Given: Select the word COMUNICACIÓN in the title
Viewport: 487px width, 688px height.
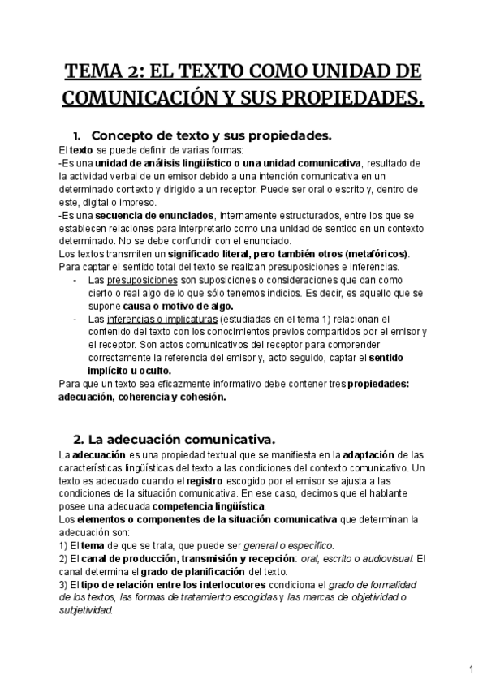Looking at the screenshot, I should pyautogui.click(x=135, y=98).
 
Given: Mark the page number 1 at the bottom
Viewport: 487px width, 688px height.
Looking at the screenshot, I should pyautogui.click(x=472, y=670).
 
